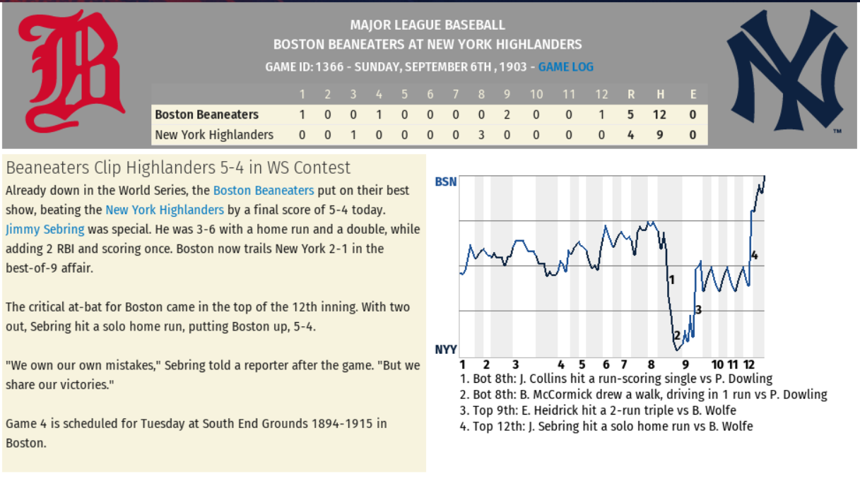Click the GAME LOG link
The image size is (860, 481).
pyautogui.click(x=565, y=67)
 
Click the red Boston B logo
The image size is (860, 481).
pyautogui.click(x=71, y=71)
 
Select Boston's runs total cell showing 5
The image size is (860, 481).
pyautogui.click(x=630, y=114)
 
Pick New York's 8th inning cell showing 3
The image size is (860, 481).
pyautogui.click(x=481, y=134)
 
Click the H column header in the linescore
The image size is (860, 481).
pyautogui.click(x=660, y=95)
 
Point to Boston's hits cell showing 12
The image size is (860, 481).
pyautogui.click(x=660, y=114)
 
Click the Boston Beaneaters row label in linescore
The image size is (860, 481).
pyautogui.click(x=206, y=114)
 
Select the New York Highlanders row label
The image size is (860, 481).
pyautogui.click(x=213, y=134)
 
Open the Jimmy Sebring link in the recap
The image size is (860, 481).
pyautogui.click(x=45, y=229)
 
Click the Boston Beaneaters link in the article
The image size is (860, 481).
pyautogui.click(x=263, y=190)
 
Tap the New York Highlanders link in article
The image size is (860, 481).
pyautogui.click(x=164, y=210)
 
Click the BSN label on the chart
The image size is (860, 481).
pyautogui.click(x=445, y=182)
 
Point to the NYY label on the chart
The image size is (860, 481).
pyautogui.click(x=445, y=350)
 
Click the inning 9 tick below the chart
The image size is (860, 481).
pyautogui.click(x=685, y=364)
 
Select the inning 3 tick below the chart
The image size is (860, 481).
pyautogui.click(x=515, y=364)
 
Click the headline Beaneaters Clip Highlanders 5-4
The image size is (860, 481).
pyautogui.click(x=178, y=167)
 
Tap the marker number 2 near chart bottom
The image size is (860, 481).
pyautogui.click(x=676, y=335)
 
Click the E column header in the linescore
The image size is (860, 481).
pyautogui.click(x=693, y=95)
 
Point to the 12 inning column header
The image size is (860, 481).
pyautogui.click(x=601, y=95)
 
